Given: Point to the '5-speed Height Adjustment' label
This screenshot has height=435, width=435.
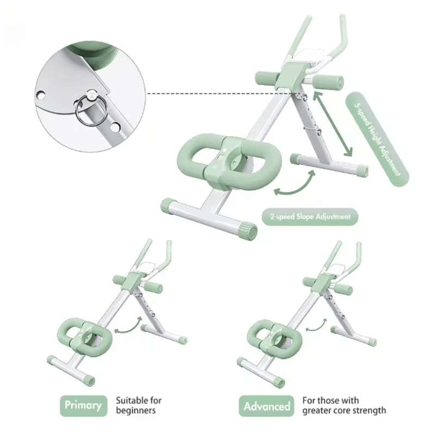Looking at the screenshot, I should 377,138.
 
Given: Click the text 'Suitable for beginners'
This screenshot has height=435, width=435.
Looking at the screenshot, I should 138,405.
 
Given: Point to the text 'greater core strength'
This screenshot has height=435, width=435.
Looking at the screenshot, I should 344,411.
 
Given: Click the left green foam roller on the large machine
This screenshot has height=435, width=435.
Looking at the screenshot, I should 265,77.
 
